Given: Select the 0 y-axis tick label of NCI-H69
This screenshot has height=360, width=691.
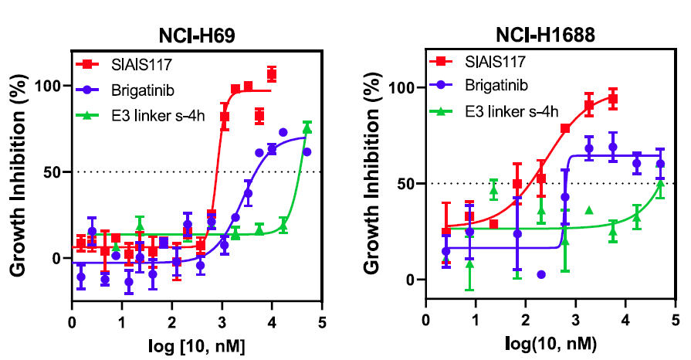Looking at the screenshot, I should [x=57, y=258].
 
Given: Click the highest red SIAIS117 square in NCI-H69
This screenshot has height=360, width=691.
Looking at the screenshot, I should [x=272, y=74].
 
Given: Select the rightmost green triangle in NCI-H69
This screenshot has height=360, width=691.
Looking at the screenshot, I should [x=307, y=129].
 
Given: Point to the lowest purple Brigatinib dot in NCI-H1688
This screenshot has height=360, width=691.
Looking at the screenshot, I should [x=540, y=274].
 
